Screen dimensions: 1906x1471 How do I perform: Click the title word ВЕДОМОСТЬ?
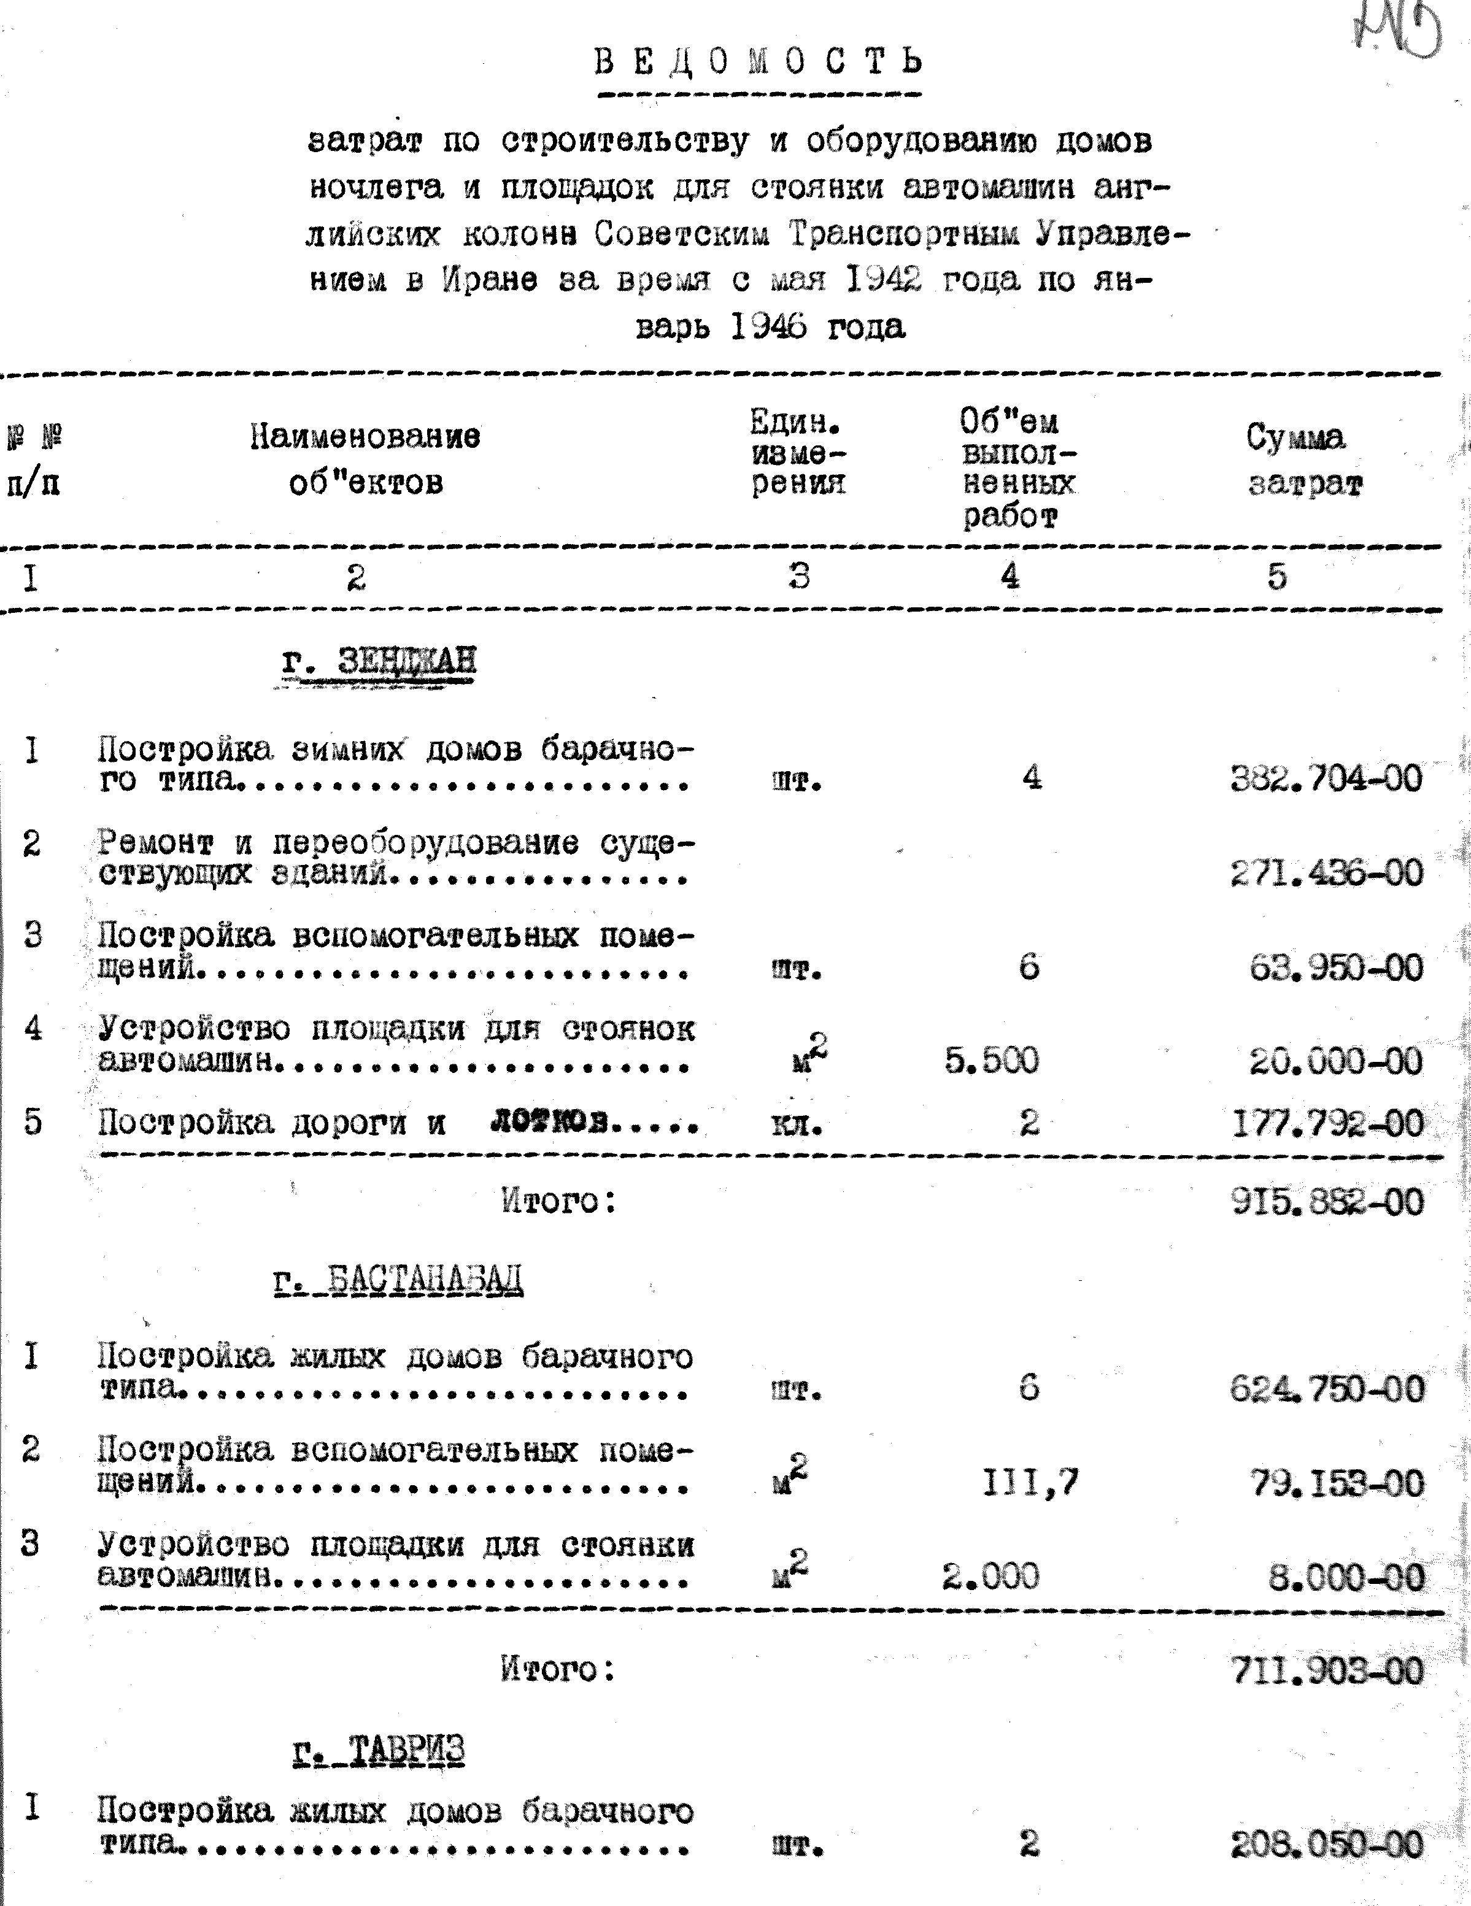(758, 63)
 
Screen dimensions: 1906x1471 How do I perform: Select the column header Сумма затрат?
(1304, 461)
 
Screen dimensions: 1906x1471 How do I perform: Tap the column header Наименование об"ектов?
(365, 459)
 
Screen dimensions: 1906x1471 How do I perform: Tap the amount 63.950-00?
(1336, 967)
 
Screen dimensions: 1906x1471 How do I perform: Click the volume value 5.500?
(992, 1060)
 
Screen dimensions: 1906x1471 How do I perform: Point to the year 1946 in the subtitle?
(766, 327)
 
